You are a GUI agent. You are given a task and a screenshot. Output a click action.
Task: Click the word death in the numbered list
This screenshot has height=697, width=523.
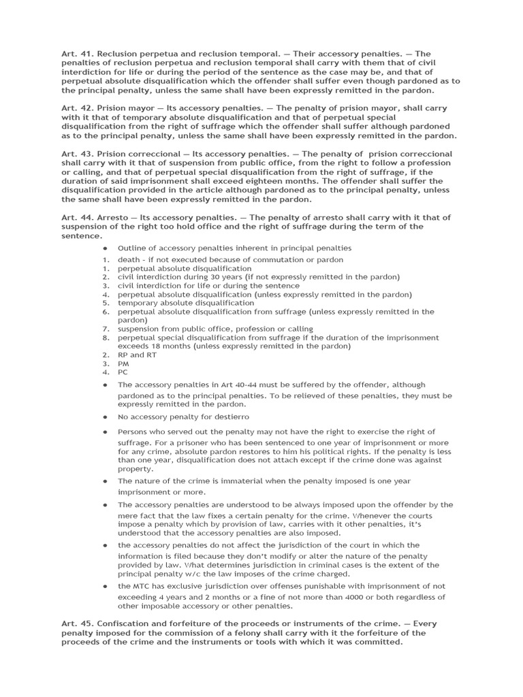[129, 259]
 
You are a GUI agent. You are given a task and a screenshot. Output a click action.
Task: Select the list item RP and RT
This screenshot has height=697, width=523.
[131, 355]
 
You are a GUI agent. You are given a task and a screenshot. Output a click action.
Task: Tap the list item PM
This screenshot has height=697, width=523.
[123, 363]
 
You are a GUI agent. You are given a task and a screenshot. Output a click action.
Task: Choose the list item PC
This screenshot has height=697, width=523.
[123, 372]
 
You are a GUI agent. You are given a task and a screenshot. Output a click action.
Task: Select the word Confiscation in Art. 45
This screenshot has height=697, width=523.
[126, 624]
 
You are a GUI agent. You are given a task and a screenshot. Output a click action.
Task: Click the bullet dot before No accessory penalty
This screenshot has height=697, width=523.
[106, 416]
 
